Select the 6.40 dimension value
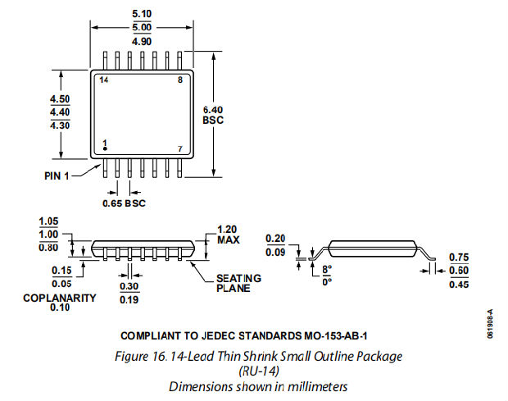coord(212,109)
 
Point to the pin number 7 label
coord(180,148)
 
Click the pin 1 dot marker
coord(104,149)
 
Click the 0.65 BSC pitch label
coord(124,203)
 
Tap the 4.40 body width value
coord(60,112)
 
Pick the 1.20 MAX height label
coord(228,235)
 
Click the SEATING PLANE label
coord(238,283)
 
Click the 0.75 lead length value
coord(458,257)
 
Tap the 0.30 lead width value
coord(129,287)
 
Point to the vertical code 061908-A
coord(490,326)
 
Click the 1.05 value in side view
coord(50,221)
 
